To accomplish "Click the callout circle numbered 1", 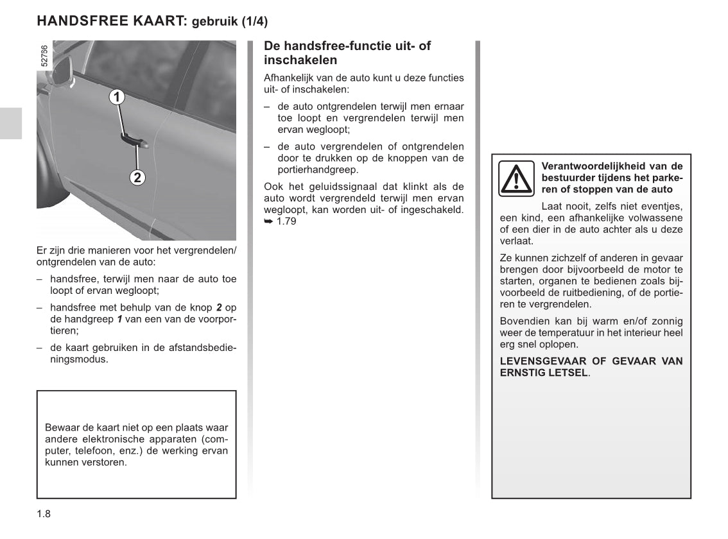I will click(x=116, y=97).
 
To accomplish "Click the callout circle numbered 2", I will click(x=137, y=177).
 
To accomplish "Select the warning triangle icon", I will click(x=516, y=178).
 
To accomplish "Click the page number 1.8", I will click(x=44, y=513).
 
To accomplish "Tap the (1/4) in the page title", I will click(x=254, y=22).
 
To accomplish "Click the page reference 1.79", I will click(x=286, y=222).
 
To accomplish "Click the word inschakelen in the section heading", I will click(x=300, y=60).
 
